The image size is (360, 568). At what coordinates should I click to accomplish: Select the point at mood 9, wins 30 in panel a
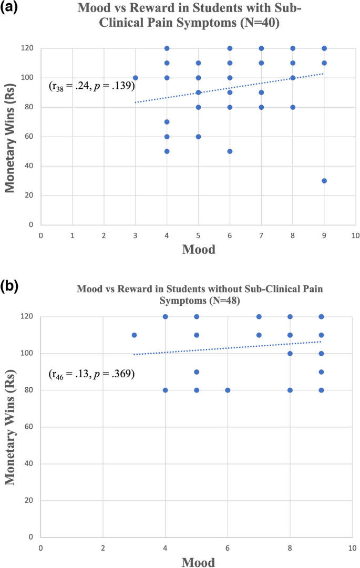tap(324, 181)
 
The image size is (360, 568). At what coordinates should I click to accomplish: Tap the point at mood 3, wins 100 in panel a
tap(136, 78)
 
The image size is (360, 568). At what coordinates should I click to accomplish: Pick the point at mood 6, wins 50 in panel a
tap(230, 151)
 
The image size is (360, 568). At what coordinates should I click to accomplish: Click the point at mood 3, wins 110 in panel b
tap(134, 335)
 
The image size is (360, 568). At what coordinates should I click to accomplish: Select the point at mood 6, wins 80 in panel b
tap(228, 390)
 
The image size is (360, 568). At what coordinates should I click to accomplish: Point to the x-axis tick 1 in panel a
tap(73, 234)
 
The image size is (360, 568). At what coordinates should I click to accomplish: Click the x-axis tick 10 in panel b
tap(352, 546)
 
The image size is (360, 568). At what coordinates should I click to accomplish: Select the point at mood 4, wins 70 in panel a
tap(167, 122)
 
